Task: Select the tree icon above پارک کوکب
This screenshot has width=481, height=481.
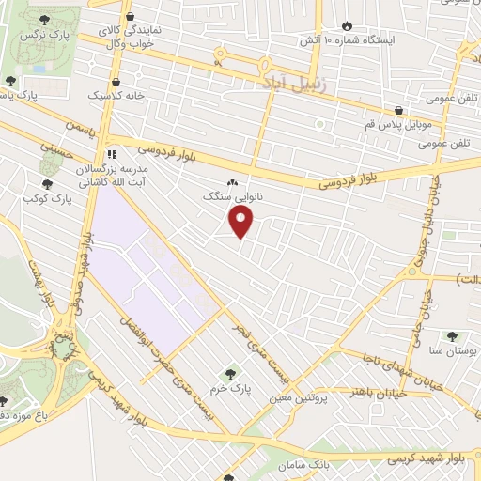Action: pos(47,184)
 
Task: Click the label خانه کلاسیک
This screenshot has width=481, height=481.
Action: pos(113,96)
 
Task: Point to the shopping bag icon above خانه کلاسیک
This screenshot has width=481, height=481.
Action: pos(115,82)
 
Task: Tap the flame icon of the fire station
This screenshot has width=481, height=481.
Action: pos(348,26)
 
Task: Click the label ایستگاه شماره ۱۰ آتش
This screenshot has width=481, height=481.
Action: pos(348,41)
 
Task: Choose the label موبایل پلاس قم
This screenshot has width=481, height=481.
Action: pos(399,124)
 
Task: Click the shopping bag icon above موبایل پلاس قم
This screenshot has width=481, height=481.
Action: pos(399,110)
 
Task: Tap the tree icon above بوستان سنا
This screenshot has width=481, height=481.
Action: pos(453,335)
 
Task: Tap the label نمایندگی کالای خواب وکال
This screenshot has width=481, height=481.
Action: pos(131,37)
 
